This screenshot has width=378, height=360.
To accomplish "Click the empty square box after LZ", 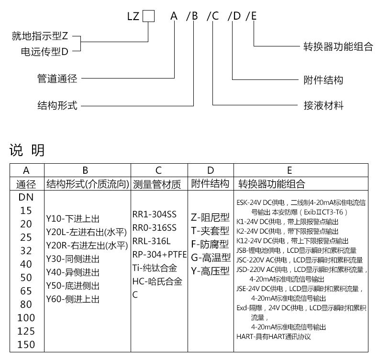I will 149,16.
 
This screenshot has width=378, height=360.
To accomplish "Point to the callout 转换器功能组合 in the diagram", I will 338,47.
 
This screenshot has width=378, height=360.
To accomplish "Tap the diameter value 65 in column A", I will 26,291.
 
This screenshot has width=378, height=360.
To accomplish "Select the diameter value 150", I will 26,345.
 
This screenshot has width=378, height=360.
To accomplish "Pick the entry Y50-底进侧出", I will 73,286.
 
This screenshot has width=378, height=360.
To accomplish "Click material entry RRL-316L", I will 151,241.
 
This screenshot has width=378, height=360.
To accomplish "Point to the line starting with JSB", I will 300,250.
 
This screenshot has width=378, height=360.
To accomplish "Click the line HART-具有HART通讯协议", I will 274,337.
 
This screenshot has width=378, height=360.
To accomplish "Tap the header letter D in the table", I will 211,170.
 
